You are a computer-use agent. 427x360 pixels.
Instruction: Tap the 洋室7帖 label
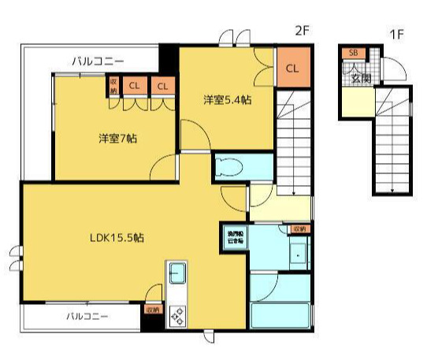118,139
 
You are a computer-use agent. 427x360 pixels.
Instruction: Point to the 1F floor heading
395,35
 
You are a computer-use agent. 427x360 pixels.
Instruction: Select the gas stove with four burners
177,315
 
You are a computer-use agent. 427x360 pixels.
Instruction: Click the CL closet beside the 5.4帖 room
291,69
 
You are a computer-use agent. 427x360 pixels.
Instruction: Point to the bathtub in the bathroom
280,314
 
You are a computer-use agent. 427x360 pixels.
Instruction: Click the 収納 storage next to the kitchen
153,310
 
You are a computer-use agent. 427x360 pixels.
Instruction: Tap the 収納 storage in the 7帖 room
113,84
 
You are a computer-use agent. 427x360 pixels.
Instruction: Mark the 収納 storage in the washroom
299,228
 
